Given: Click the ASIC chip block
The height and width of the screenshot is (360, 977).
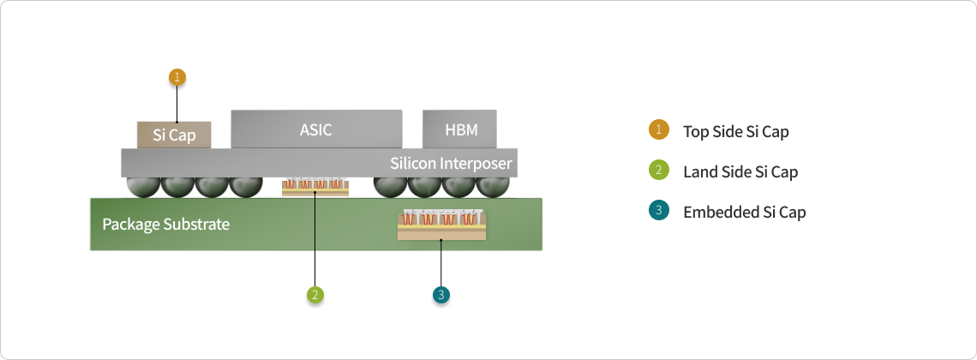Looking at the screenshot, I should [316, 129].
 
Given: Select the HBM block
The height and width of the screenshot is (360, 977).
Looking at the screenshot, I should [460, 129].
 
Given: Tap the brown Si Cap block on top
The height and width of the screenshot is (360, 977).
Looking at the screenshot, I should [174, 135].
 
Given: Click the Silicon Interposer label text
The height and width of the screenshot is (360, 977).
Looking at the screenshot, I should [451, 163].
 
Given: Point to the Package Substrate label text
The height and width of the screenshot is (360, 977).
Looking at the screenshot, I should [165, 225].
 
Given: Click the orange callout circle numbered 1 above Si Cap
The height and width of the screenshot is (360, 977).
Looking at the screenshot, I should [177, 77].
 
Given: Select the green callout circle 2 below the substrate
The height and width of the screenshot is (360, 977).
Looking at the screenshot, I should [315, 295].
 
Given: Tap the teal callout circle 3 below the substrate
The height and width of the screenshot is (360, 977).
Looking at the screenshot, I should [441, 295].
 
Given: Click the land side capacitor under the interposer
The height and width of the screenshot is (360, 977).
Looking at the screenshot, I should [315, 187].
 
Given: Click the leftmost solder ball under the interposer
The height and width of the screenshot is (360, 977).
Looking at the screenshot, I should [142, 185].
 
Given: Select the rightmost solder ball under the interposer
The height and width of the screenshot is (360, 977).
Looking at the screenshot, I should [493, 185].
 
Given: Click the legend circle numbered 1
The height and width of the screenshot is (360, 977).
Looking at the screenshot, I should [658, 130].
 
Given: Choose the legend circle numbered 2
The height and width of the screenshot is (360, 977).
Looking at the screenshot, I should [658, 171].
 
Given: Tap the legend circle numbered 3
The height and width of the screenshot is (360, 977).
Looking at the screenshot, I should [658, 211].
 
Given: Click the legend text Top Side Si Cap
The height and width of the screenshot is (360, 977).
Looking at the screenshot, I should [735, 132].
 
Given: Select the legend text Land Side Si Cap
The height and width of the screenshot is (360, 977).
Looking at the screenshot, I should [740, 172].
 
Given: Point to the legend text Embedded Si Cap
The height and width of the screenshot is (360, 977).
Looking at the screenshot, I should [744, 213].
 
